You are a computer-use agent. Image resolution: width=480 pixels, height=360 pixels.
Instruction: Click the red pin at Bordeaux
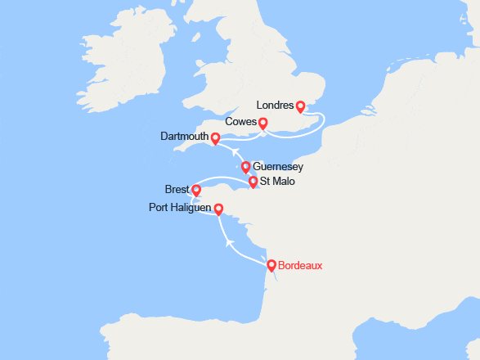[271, 264]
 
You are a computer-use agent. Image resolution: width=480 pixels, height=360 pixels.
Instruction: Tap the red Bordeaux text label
[300, 265]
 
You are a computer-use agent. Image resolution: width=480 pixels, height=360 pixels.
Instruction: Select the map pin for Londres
[300, 106]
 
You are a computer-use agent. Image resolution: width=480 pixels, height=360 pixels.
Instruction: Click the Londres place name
[274, 106]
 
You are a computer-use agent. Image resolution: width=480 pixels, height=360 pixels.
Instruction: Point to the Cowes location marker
[262, 123]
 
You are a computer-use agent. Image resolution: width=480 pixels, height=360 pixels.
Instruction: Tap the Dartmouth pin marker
[215, 138]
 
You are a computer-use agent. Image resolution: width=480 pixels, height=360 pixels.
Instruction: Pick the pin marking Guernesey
[245, 167]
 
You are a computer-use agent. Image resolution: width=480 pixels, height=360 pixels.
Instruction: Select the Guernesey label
[278, 167]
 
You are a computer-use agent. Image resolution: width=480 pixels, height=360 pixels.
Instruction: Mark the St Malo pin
[253, 182]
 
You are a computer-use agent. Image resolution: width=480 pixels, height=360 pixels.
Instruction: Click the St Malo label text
[278, 182]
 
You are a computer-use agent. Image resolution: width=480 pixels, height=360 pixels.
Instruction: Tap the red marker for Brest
[195, 190]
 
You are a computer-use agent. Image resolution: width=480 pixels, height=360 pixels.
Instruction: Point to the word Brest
[177, 190]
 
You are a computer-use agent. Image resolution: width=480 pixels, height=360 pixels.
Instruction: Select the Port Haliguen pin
[218, 209]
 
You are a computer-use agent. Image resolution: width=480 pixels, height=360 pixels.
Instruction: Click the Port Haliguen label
[181, 209]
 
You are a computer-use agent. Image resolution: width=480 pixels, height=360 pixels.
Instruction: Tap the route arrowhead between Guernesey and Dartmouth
[233, 152]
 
